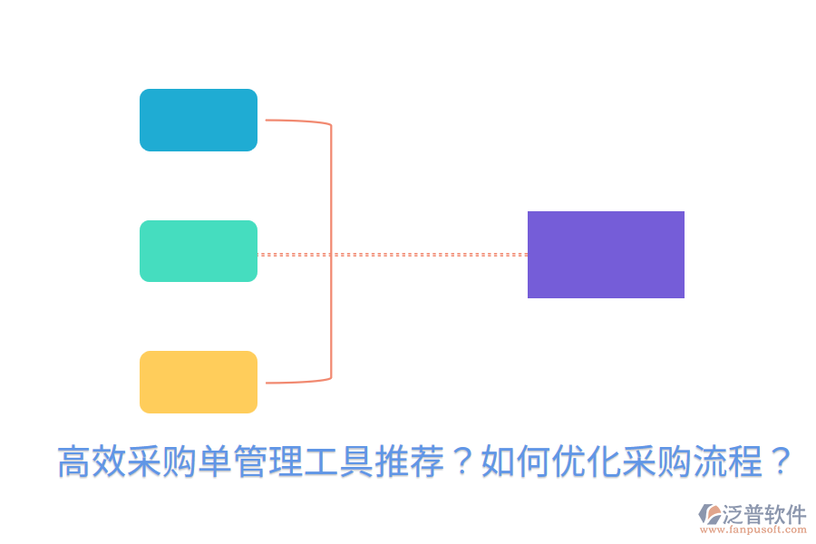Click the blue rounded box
(x=199, y=120)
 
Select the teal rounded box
(x=199, y=251)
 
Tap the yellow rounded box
(x=199, y=382)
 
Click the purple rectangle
(x=606, y=255)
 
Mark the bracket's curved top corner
(x=327, y=123)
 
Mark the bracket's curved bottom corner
(x=327, y=378)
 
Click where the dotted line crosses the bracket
(x=331, y=255)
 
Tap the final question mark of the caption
(x=779, y=462)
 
